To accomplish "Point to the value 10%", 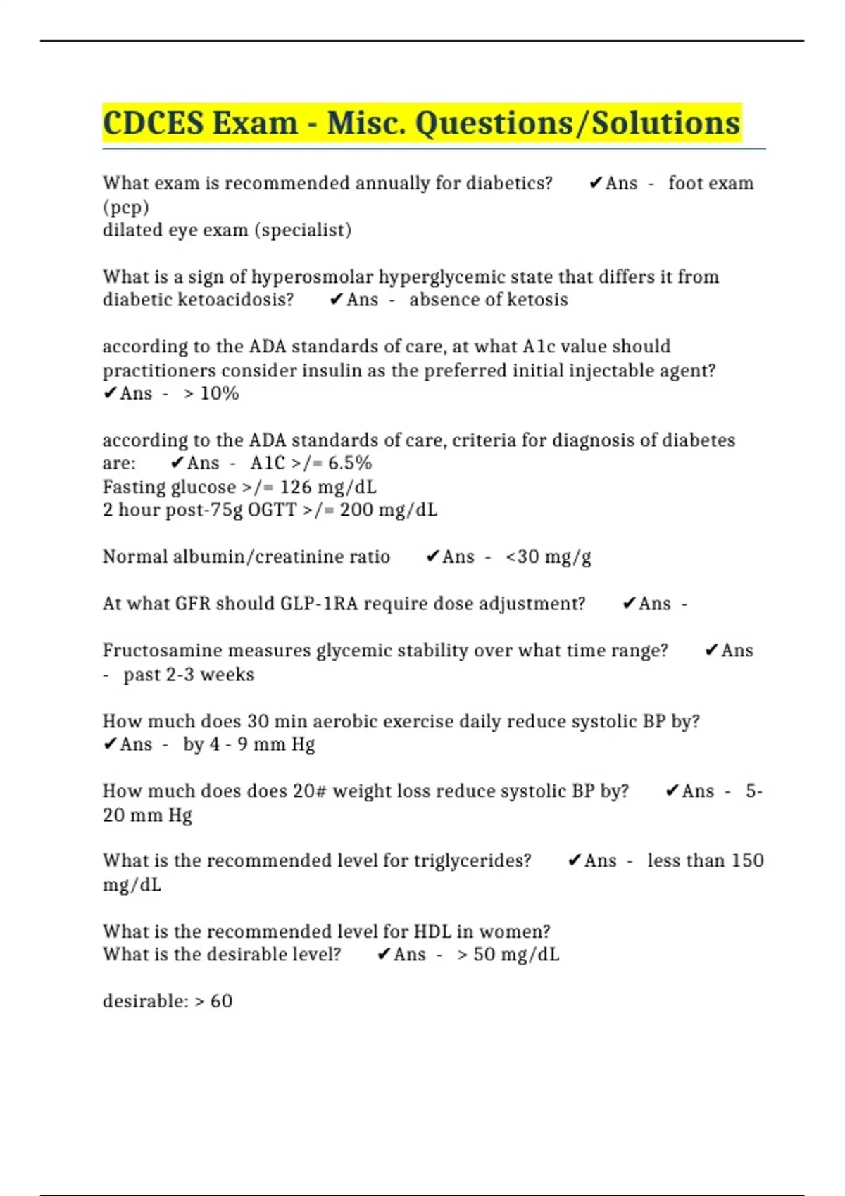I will coord(220,393).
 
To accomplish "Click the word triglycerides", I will coord(472,860).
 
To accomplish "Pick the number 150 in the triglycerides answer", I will coord(747,860).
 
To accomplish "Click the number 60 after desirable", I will coord(221,1001).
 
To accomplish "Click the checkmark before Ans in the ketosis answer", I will coord(336,300).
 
